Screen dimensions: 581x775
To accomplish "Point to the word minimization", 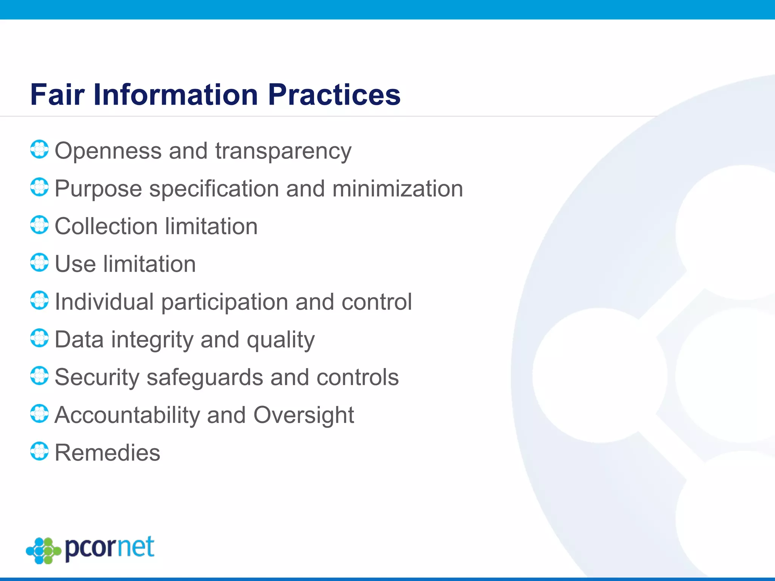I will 398,188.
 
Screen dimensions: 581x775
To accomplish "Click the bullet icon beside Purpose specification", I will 39,187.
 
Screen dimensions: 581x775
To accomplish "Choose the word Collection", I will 106,226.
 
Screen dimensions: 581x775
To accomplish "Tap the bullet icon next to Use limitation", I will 39,263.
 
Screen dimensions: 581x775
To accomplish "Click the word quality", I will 280,340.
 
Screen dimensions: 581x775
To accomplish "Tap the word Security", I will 97,377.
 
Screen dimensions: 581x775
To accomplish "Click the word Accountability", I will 127,415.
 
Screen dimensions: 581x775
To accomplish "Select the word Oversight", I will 303,416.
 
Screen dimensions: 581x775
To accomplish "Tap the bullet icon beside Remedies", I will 39,451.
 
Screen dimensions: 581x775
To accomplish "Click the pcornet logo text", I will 110,548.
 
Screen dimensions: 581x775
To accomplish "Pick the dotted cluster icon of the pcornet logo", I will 44,550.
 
